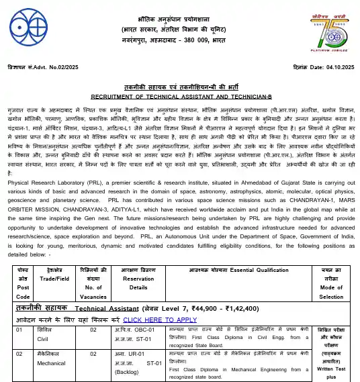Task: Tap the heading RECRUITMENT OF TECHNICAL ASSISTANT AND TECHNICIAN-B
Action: (179, 96)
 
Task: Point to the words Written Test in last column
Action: (330, 369)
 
